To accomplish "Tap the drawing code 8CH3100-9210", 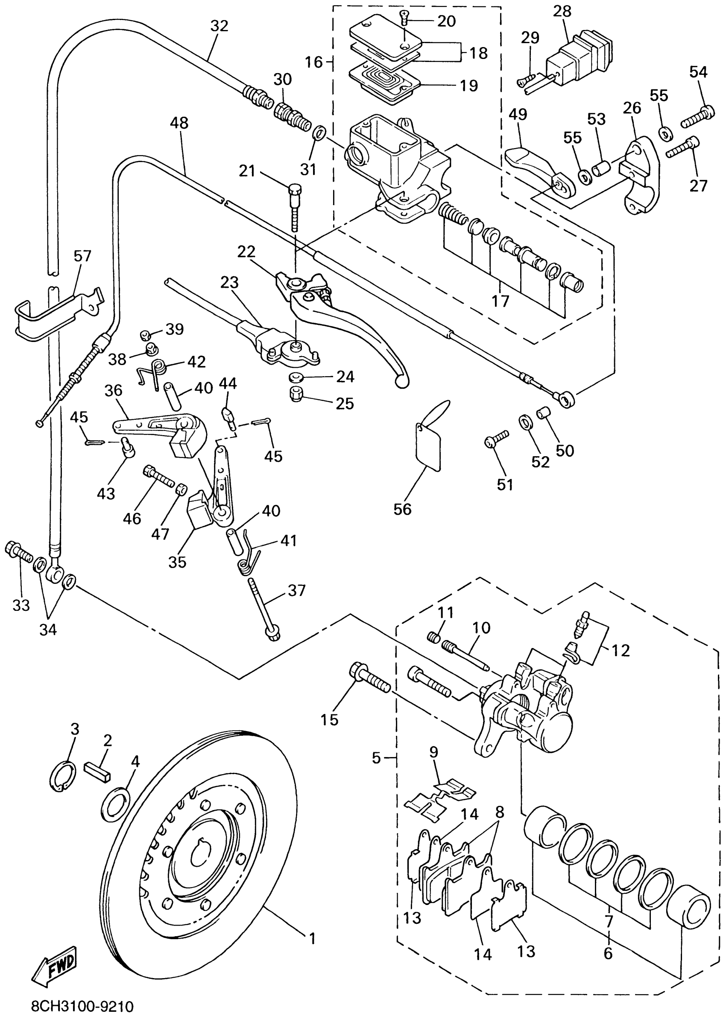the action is pos(82,1006).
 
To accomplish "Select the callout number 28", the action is pos(562,11).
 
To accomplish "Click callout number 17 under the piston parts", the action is pos(500,301).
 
